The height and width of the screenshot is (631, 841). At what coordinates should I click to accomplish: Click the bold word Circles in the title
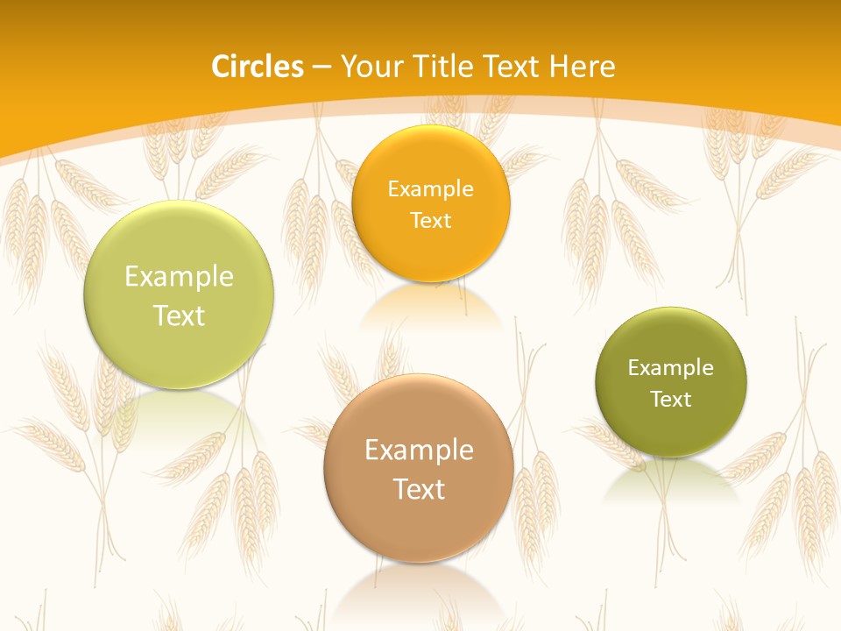point(258,67)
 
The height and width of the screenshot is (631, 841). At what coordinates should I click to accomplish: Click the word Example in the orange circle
point(430,189)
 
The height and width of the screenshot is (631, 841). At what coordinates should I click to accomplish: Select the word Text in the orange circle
point(430,221)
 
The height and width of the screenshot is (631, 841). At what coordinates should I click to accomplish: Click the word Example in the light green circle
point(179,277)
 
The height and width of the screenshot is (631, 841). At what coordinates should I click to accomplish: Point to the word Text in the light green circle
point(179,315)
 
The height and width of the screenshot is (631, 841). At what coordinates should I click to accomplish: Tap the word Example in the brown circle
point(419,450)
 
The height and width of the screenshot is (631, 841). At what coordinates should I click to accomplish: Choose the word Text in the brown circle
point(419,489)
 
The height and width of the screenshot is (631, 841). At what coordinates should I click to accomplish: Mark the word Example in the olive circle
point(671,368)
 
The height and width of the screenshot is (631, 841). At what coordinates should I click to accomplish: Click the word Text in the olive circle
point(671,400)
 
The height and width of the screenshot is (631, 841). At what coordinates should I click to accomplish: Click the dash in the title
point(322,67)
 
